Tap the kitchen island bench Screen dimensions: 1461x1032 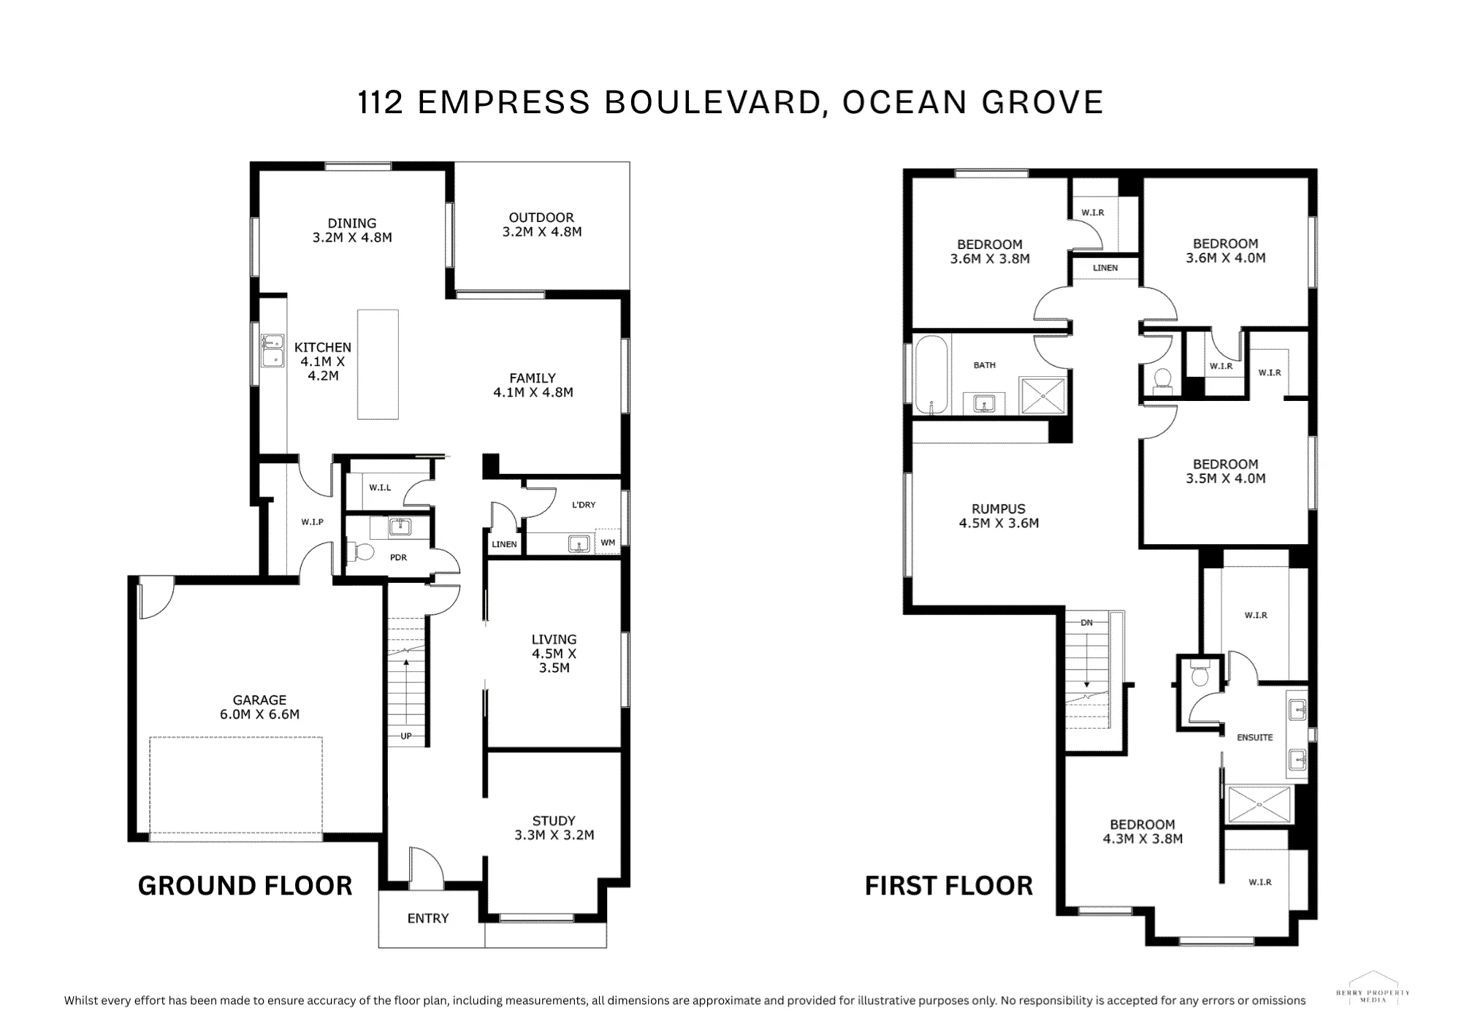point(378,364)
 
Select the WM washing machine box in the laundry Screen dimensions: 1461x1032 point(608,542)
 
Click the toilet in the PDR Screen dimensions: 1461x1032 point(361,551)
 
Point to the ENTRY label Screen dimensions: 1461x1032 point(428,918)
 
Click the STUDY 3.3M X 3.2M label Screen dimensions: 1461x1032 point(554,827)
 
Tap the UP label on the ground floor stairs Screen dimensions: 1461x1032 point(406,735)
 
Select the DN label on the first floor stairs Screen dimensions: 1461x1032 point(1087,622)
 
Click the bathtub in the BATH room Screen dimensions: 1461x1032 point(931,375)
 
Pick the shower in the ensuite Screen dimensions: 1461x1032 point(1260,804)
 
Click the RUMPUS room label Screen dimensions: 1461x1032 point(999,516)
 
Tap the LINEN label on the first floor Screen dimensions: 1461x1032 point(1105,268)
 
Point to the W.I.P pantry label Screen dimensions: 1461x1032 point(312,522)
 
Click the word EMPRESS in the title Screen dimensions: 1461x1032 point(503,102)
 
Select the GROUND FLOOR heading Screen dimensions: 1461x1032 point(245,886)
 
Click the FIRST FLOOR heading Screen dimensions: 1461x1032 point(949,886)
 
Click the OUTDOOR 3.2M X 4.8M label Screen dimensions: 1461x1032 point(541,224)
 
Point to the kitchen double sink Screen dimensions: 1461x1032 point(273,351)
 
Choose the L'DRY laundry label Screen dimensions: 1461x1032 point(584,505)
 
